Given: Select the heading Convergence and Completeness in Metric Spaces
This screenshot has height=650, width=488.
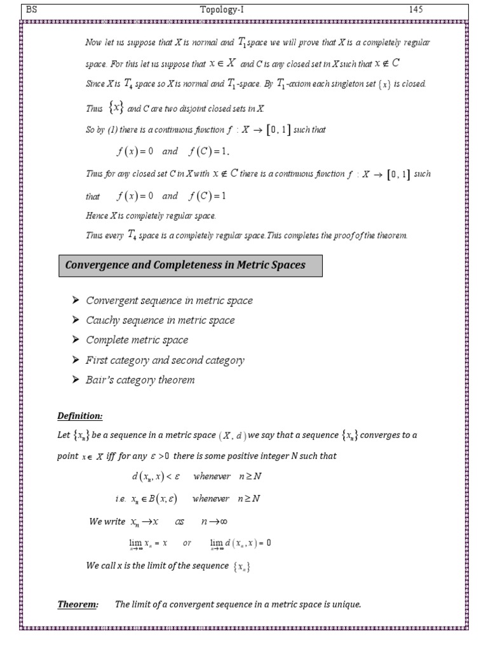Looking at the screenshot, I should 191,265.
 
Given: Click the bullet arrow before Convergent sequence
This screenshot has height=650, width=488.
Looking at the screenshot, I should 76,300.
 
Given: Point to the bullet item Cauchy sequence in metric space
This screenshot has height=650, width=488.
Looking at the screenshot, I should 160,321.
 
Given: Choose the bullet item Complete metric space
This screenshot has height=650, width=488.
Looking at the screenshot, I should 137,340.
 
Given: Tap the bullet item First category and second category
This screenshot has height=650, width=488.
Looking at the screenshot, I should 165,361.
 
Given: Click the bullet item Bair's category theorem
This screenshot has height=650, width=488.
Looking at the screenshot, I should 140,380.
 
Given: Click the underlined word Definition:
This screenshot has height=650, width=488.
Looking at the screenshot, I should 80,416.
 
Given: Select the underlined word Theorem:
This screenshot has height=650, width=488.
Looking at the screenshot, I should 78,604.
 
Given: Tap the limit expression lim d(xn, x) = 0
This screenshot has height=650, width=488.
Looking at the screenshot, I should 241,543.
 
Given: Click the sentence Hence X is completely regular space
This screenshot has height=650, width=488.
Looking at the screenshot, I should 151,216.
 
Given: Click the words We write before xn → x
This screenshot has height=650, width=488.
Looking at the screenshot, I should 108,521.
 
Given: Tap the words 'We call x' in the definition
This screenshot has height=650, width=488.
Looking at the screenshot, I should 106,566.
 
